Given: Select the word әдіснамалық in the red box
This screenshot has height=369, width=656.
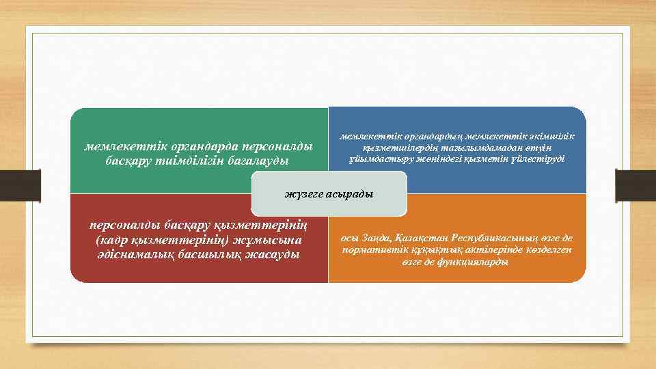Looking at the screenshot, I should point(133,254).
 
